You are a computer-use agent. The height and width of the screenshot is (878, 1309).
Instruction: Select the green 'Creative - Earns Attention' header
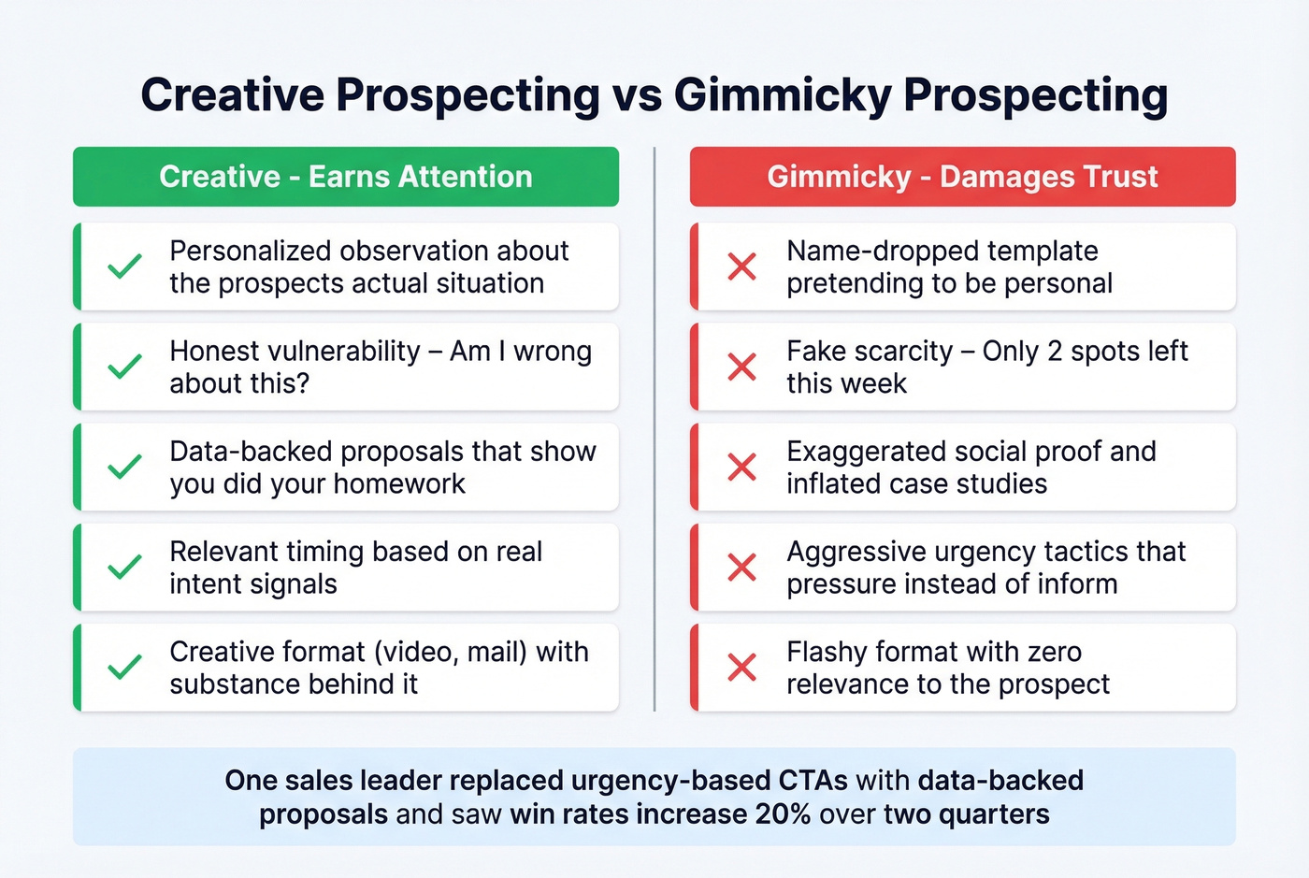click(346, 177)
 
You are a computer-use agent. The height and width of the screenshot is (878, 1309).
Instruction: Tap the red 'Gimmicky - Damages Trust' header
click(962, 177)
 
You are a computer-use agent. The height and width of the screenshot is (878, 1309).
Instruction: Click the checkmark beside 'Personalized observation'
click(124, 266)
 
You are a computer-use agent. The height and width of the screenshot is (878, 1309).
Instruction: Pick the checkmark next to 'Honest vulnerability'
click(124, 367)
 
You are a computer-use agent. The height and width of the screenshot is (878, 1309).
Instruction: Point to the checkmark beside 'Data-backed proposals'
click(124, 467)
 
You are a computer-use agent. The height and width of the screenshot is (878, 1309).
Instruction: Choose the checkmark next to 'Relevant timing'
click(124, 567)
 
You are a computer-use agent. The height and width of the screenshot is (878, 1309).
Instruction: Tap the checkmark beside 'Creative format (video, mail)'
click(124, 667)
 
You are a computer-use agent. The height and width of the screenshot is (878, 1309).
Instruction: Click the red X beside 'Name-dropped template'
click(741, 266)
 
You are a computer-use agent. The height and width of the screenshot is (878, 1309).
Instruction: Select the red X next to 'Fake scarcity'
click(741, 367)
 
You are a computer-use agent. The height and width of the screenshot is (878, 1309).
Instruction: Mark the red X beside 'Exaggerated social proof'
click(741, 467)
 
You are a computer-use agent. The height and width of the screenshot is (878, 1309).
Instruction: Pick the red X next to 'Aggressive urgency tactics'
click(741, 567)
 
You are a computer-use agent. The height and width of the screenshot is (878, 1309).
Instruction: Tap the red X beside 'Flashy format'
click(741, 667)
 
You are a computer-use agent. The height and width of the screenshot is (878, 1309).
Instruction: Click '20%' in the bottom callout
click(783, 814)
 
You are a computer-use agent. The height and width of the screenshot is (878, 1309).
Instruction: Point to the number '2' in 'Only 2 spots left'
click(1055, 352)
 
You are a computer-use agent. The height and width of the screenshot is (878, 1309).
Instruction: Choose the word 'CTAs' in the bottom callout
click(813, 781)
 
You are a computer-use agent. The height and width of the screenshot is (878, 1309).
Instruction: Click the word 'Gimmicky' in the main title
click(782, 95)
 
